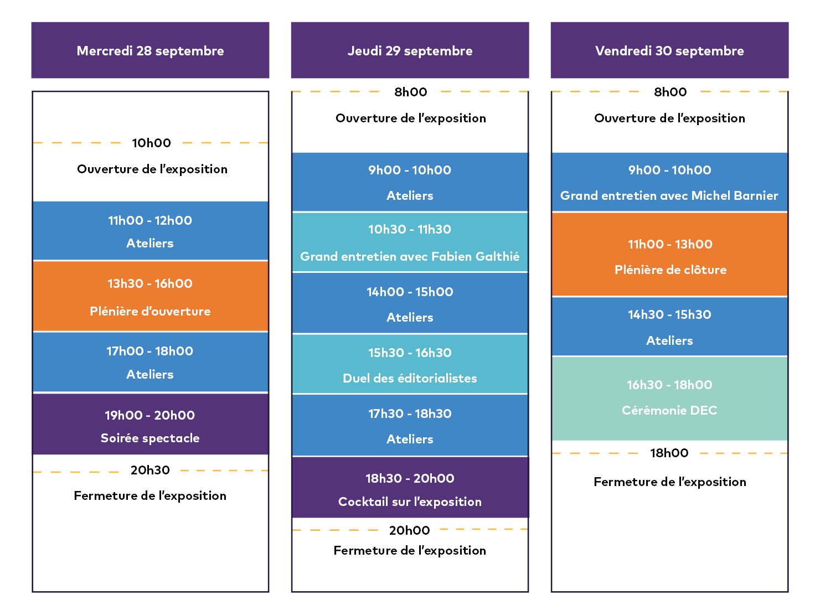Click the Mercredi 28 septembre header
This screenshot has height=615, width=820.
(150, 50)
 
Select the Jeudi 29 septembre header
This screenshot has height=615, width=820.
(410, 50)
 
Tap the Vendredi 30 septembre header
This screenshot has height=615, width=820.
(669, 50)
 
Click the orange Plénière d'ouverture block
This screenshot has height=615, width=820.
(150, 297)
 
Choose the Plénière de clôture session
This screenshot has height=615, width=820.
(669, 254)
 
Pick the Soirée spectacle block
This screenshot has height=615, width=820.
(150, 424)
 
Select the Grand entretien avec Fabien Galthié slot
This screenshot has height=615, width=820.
(410, 242)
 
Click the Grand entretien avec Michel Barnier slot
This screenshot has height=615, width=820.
(669, 182)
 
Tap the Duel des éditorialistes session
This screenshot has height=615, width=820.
(410, 364)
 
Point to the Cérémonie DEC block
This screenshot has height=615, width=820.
(669, 399)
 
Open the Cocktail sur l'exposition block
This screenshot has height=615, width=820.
(410, 487)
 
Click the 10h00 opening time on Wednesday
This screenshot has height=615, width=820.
(151, 143)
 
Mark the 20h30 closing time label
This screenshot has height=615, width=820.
(150, 470)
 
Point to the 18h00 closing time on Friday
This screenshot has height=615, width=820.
(669, 453)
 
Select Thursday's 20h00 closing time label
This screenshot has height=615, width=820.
(409, 530)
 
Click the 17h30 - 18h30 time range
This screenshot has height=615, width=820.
(410, 414)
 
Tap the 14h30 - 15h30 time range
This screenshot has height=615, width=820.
(669, 315)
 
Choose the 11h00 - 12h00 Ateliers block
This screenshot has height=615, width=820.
(150, 230)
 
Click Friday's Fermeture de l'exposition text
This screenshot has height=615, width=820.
(670, 482)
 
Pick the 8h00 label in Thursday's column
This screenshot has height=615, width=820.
(411, 92)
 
